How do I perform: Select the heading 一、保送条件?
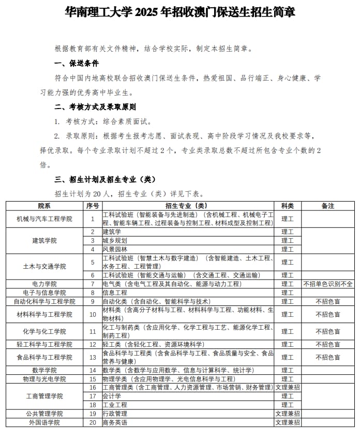pos(77,64)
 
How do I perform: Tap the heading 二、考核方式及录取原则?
pos(95,108)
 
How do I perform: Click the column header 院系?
pos(44,206)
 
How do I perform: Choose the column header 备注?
pos(327,206)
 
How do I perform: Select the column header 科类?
pos(287,206)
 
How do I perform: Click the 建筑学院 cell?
pos(44,241)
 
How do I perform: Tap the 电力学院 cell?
pos(44,284)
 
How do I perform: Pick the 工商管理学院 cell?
pos(44,396)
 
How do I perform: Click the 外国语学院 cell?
pos(44,422)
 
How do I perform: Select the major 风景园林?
pos(115,249)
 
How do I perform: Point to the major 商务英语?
pos(115,422)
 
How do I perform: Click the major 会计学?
pos(112,396)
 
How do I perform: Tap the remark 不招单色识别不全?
pos(328,284)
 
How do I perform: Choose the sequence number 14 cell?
pos(93,370)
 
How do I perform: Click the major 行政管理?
pos(115,413)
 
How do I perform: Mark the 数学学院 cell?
pos(44,370)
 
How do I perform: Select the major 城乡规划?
pos(115,240)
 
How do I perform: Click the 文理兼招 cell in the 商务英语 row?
pos(287,422)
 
